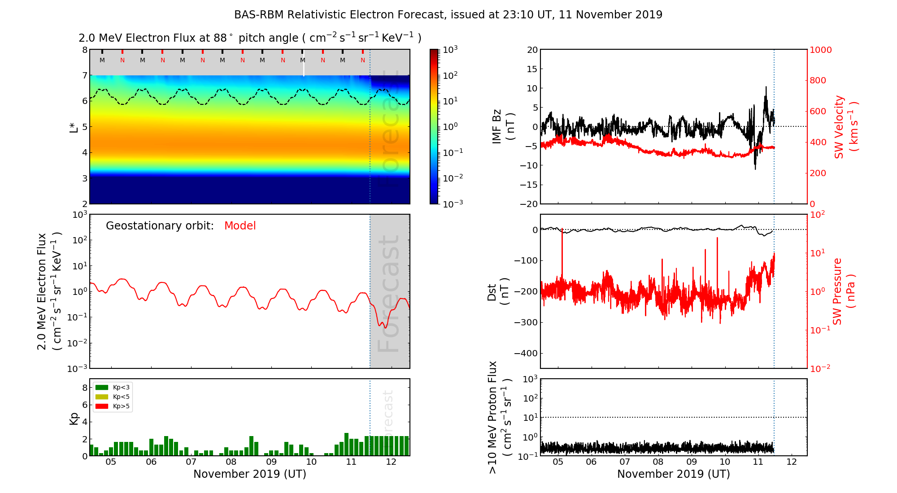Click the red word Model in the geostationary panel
click(x=240, y=226)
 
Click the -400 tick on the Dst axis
click(x=525, y=353)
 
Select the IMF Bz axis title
click(x=503, y=127)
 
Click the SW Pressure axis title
click(x=844, y=291)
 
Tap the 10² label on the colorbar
click(x=450, y=75)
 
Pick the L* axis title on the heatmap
click(x=74, y=127)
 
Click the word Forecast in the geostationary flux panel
click(x=388, y=294)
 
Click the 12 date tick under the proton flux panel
click(x=792, y=462)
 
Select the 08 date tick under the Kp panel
click(x=231, y=462)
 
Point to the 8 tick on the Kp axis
click(x=85, y=388)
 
